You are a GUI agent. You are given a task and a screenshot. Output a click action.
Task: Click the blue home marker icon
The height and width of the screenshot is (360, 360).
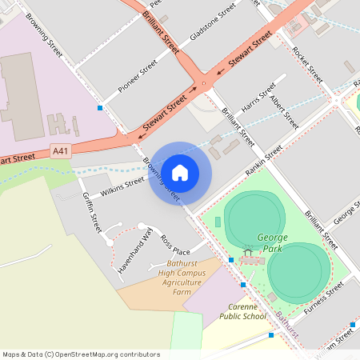click(x=180, y=172)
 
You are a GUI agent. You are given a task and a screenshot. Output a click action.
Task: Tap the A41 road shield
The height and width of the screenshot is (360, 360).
click(x=60, y=150)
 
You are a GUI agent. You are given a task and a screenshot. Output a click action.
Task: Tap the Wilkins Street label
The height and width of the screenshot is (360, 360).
click(x=111, y=188)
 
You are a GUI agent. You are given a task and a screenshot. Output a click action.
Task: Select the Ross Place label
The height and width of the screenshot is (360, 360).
click(x=175, y=245)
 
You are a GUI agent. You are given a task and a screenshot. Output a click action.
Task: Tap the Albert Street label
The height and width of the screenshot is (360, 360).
click(x=285, y=113)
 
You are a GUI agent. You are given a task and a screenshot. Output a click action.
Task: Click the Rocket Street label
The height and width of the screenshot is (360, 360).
click(x=307, y=65)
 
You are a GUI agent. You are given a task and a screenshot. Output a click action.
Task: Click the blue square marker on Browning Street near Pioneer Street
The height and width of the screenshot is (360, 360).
click(x=100, y=107)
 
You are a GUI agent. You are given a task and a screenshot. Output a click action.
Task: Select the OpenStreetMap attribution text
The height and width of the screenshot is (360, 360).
click(x=81, y=354)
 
